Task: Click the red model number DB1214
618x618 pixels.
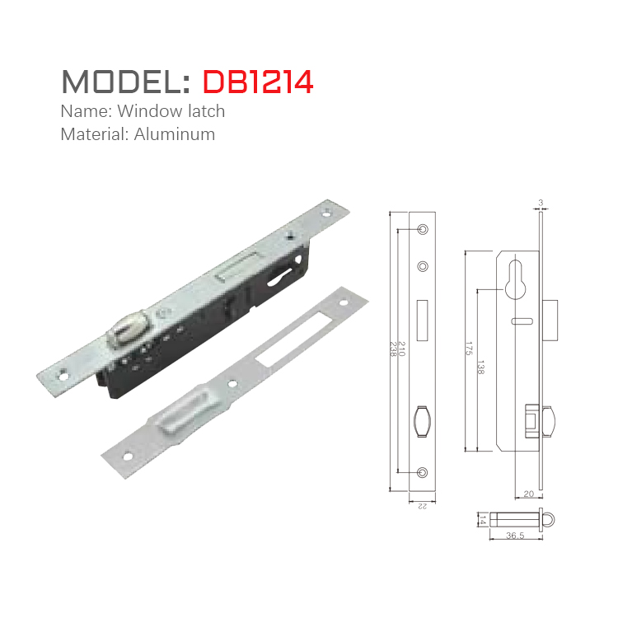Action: pyautogui.click(x=258, y=82)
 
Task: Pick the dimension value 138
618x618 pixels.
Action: pyautogui.click(x=480, y=370)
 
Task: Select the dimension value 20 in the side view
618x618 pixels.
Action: pyautogui.click(x=528, y=494)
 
